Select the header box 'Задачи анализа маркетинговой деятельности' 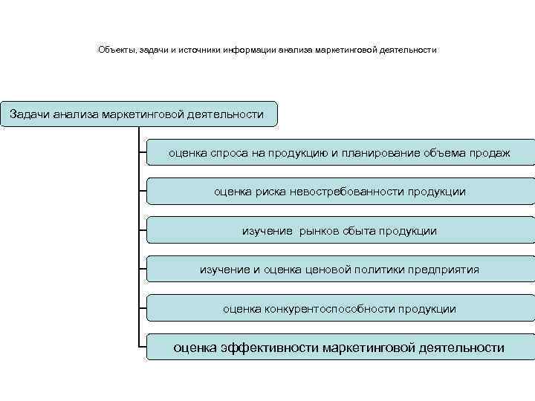(x=138, y=114)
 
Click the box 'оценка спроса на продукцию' (x=340, y=152)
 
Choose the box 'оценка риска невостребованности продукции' (x=340, y=192)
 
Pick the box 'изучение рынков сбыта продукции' (x=340, y=230)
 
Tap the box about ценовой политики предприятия (x=340, y=270)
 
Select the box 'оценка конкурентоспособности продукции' (x=340, y=308)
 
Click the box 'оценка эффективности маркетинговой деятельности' (x=340, y=347)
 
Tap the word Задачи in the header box (x=30, y=114)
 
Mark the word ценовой (x=326, y=270)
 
